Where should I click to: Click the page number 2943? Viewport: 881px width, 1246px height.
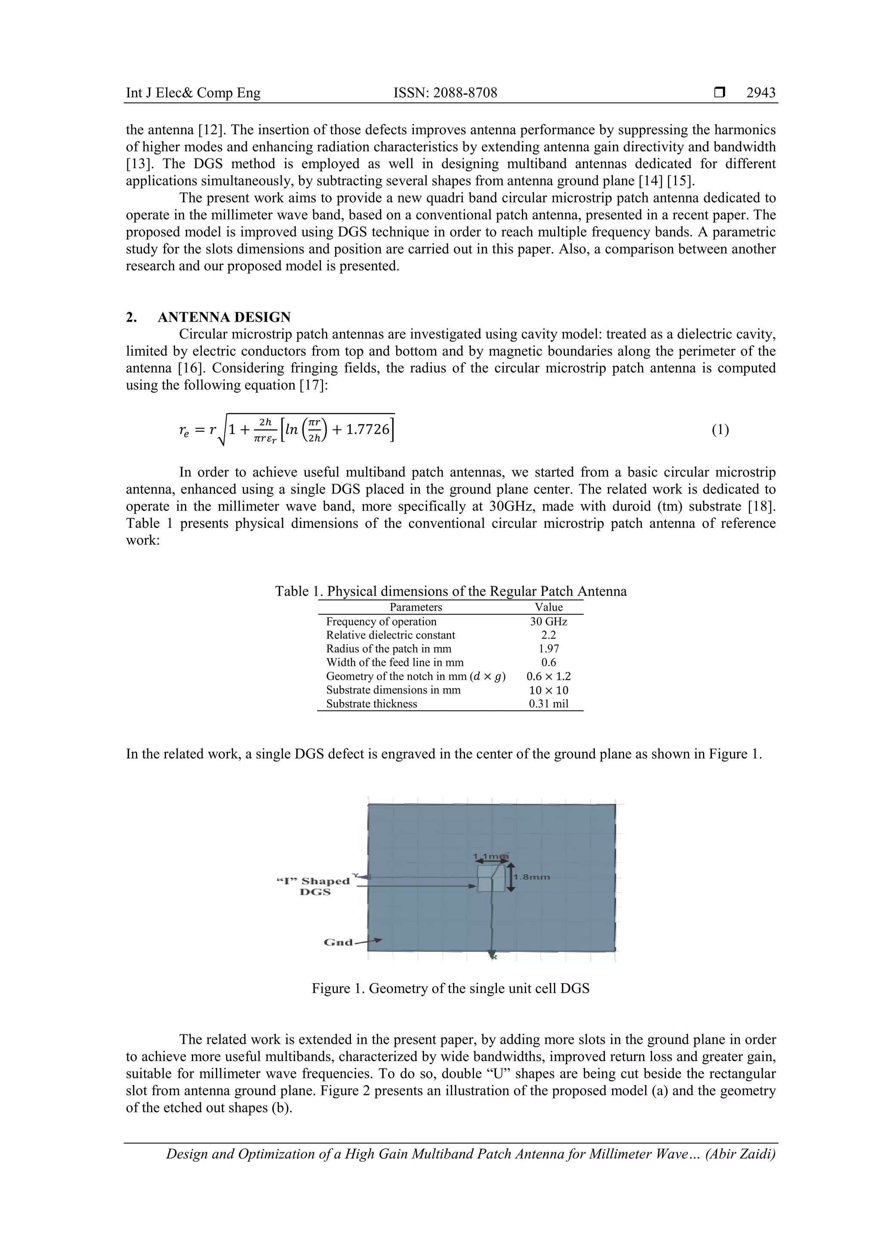pos(761,93)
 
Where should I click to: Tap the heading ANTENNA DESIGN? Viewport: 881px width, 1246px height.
pos(224,317)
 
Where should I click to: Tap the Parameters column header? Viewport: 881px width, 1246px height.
pos(416,607)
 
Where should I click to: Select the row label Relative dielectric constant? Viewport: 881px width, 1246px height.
pos(390,635)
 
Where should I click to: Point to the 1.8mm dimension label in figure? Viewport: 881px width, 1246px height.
pos(535,877)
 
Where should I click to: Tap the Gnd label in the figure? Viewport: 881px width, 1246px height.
pos(338,943)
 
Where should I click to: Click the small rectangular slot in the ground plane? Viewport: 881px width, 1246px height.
pos(491,879)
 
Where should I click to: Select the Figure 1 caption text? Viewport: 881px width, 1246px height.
pos(450,988)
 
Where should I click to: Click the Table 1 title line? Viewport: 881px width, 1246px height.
pos(450,591)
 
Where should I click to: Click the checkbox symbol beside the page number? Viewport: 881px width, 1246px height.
pos(719,93)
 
